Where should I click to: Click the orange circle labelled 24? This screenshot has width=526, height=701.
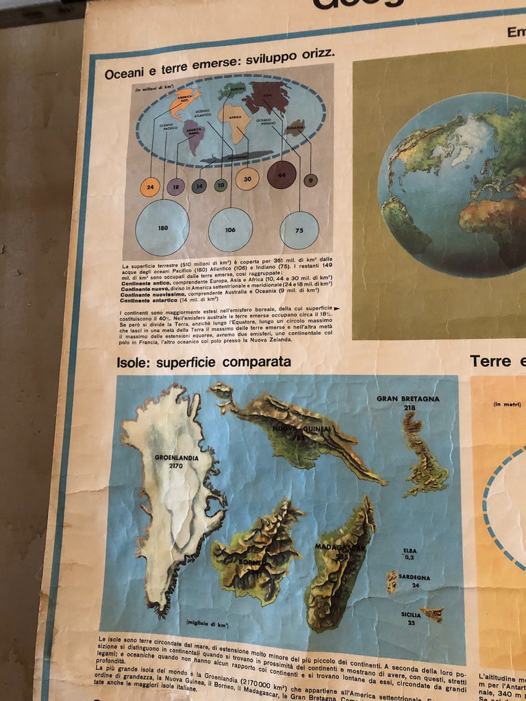pos(150,187)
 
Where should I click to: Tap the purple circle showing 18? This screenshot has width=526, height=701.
pos(176,186)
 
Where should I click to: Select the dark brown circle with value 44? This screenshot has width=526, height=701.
pos(281,175)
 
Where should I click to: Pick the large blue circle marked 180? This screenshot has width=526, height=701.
pos(162,228)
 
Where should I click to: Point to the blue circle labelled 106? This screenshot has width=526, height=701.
pos(230,229)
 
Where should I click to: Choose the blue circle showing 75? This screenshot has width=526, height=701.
pos(299,230)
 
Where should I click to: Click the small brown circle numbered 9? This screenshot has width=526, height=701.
pos(310,180)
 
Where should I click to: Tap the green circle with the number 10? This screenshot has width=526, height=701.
pos(221,185)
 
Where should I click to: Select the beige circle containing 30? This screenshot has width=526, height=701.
pos(247,179)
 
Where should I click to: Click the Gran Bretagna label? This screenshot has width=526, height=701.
pos(408,399)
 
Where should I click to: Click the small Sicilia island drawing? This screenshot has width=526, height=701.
pos(432,613)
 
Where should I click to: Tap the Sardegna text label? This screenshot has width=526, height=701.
pos(414,578)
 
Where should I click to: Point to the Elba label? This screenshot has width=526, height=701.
pos(410,550)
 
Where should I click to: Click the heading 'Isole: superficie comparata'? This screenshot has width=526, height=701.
pos(203,361)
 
